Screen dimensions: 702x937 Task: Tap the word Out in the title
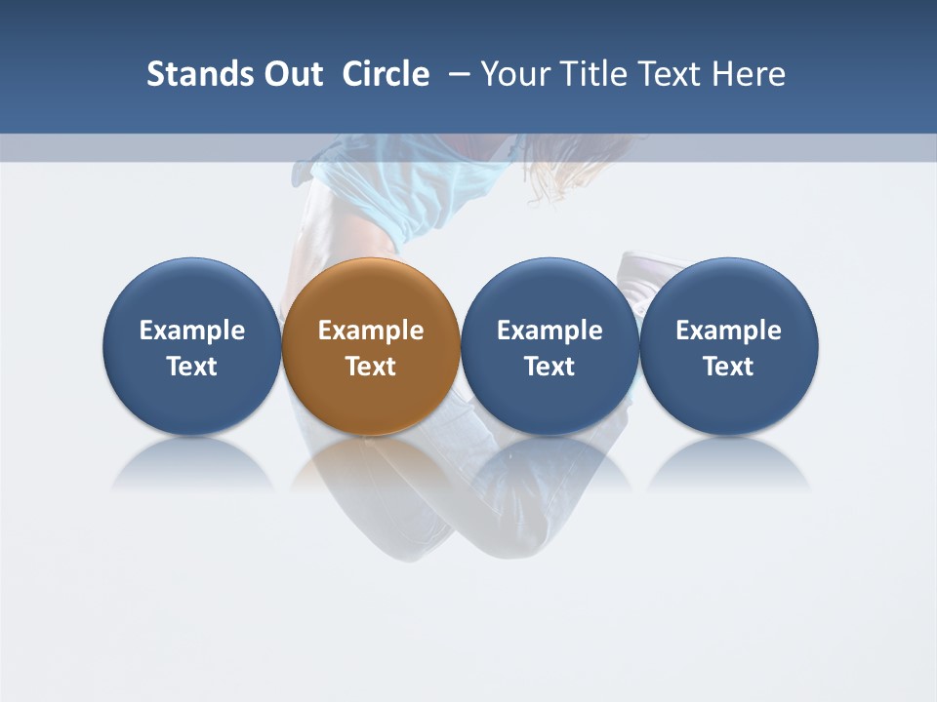coord(292,74)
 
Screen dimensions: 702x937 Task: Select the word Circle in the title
coord(386,74)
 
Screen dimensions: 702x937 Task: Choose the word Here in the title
coord(750,74)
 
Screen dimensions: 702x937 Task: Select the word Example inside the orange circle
coord(371,331)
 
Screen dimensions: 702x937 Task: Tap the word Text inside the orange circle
coord(371,367)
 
